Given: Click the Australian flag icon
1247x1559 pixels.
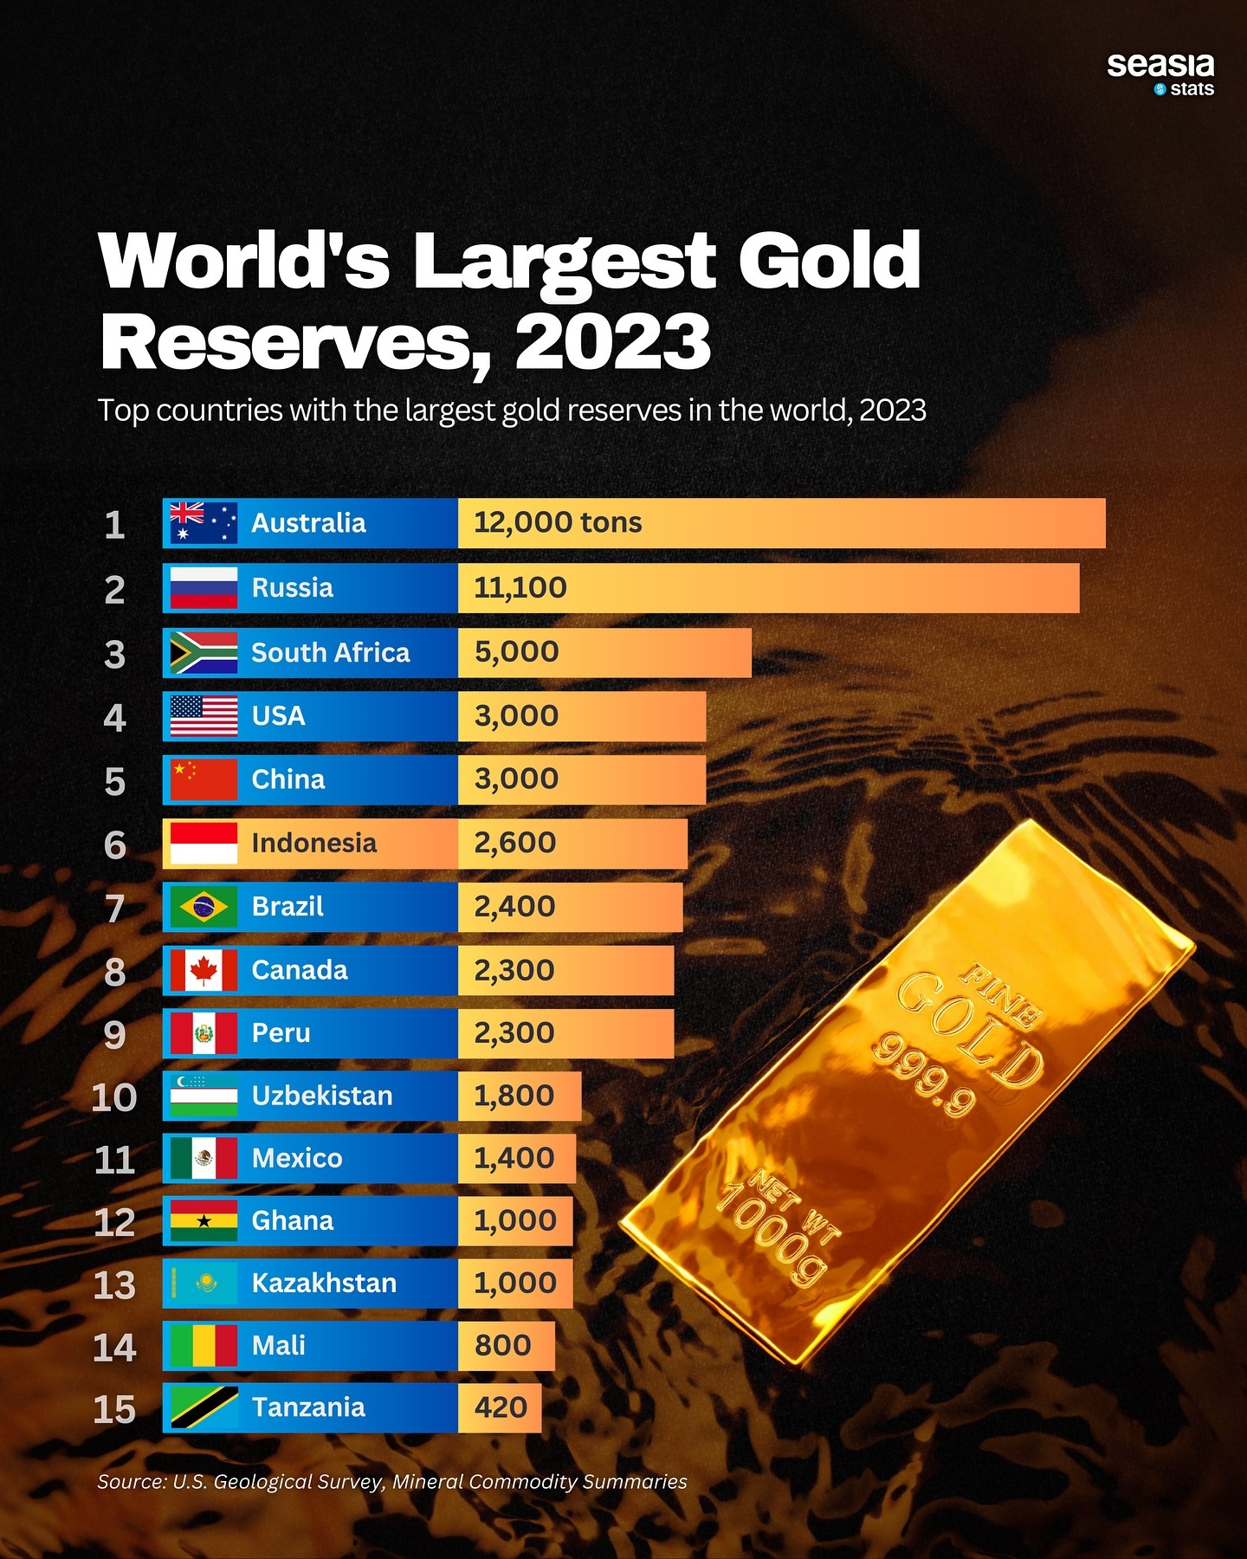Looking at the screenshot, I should (204, 523).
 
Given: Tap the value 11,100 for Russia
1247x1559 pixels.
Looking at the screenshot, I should (520, 588).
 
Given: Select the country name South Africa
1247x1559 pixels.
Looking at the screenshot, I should (330, 652).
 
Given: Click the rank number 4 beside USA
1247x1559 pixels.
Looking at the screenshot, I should (114, 718).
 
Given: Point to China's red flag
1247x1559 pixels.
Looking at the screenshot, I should (204, 779).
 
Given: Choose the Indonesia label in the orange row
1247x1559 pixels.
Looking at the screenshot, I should (313, 843).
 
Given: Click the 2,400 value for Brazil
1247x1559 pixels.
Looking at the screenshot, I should (514, 907).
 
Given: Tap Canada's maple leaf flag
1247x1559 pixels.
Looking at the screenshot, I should (204, 970).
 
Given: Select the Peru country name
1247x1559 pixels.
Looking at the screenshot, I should (281, 1033).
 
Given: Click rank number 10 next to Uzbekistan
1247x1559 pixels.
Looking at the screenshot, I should (114, 1097).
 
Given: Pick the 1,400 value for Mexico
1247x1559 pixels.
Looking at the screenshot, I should (514, 1158).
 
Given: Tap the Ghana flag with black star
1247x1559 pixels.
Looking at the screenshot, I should (204, 1221).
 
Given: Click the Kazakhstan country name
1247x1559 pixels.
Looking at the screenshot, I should (324, 1283).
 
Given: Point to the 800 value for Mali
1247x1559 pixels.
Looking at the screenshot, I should (502, 1346).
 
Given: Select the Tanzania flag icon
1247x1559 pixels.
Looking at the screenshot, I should (204, 1407).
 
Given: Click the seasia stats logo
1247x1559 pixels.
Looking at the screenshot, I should (1160, 74).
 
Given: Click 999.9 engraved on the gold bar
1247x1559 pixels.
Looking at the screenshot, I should (923, 1074).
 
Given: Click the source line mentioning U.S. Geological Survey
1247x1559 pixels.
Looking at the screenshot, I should (391, 1482).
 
